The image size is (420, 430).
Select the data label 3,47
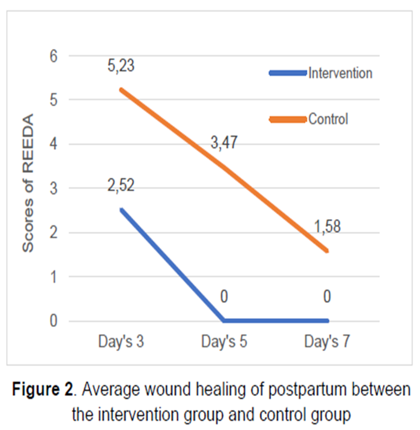[224, 142]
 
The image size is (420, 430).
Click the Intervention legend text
[340, 73]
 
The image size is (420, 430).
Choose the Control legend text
[328, 119]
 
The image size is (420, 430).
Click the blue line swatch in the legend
[288, 73]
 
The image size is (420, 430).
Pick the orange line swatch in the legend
[288, 119]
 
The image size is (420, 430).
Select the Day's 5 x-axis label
[223, 343]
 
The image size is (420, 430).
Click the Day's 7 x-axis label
[327, 343]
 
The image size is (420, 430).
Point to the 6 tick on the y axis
[53, 56]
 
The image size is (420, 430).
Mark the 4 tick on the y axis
[53, 144]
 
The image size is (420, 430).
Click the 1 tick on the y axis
[53, 277]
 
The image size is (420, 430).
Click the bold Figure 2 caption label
[43, 390]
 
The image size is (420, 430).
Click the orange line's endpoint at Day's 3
[120, 90]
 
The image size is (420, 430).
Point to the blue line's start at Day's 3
[120, 210]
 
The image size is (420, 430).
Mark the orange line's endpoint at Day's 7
[328, 251]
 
